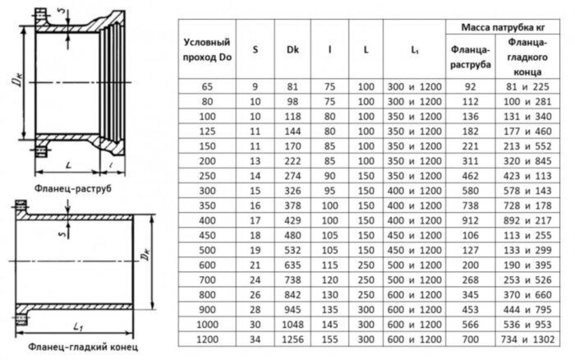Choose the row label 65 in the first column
(x=205, y=85)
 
